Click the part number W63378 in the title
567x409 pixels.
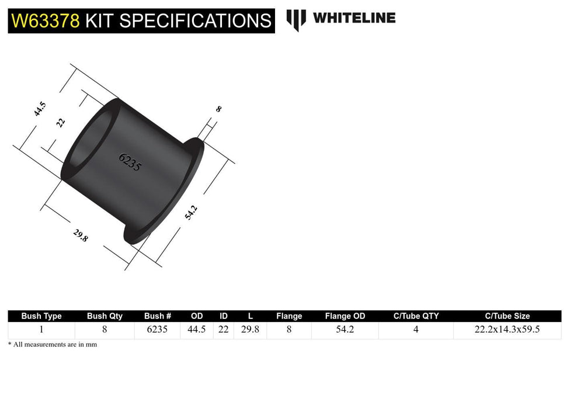coord(46,21)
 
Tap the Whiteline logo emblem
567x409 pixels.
coord(296,19)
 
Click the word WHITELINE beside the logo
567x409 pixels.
coord(354,18)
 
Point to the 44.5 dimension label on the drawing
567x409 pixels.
coord(40,109)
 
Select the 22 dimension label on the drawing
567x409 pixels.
coord(61,122)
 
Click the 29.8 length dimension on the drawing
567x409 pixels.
coord(81,235)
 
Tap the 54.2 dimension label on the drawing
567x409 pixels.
coord(191,212)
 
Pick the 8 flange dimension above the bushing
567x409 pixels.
coord(218,109)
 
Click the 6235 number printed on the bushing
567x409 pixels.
coord(130,161)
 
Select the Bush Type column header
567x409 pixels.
coord(41,316)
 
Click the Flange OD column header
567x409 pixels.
coord(345,316)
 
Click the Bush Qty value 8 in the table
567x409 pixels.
coord(105,330)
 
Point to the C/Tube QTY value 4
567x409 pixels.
coord(416,330)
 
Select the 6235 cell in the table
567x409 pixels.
coord(158,330)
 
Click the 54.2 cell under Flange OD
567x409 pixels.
coord(345,330)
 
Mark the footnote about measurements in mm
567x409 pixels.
coord(53,345)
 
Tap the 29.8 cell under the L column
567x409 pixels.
coord(251,330)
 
